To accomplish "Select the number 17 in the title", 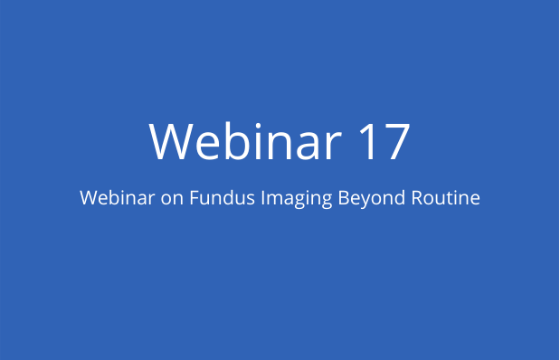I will pos(384,141).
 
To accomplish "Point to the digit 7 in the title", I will pos(398,142).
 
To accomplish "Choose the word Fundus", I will pos(217,198).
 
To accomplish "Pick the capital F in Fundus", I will pos(193,198).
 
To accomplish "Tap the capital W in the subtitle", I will pos(88,198).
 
